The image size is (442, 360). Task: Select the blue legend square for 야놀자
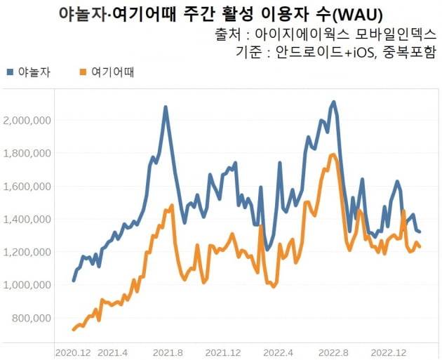10,72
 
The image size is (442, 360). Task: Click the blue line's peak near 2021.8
166,107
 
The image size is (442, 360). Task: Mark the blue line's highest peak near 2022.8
333,102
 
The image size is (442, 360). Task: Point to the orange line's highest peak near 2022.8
333,154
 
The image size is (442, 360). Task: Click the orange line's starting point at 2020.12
74,329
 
